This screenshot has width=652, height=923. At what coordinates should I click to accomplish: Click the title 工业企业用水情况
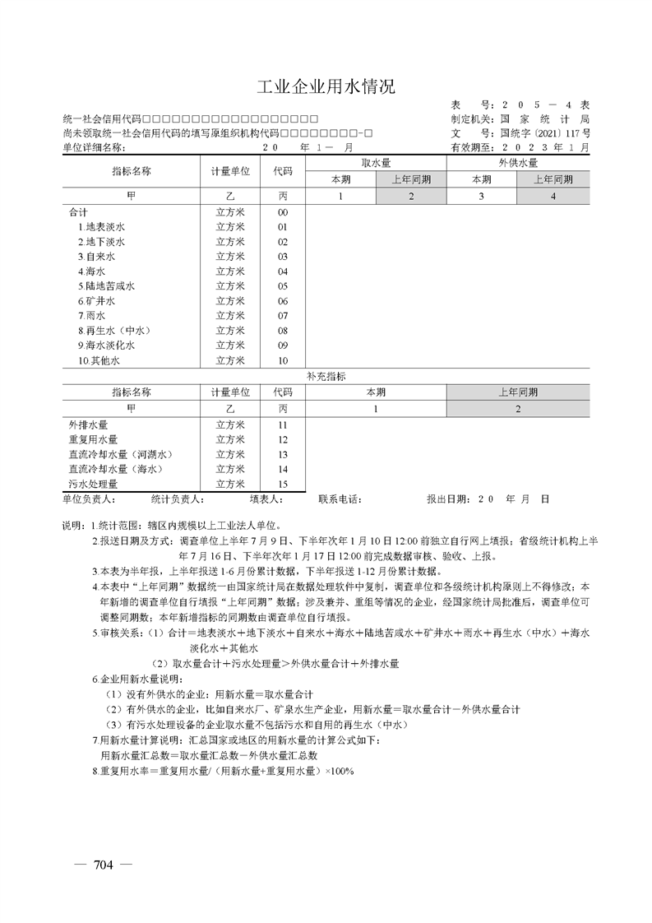326,87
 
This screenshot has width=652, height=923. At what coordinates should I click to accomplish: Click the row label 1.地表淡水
101,227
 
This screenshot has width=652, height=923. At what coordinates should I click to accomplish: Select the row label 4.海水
91,271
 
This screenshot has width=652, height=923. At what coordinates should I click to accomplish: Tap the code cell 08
282,331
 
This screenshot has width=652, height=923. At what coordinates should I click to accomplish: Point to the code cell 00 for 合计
282,212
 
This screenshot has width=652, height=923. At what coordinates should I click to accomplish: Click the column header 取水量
376,164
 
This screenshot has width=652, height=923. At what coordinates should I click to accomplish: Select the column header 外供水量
518,164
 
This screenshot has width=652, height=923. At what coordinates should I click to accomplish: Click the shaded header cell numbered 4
553,196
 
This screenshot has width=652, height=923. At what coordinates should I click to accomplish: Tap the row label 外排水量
87,424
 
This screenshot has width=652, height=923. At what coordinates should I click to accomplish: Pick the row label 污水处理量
92,484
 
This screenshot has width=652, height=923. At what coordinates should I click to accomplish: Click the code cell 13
282,454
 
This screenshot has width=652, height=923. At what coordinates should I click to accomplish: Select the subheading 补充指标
326,376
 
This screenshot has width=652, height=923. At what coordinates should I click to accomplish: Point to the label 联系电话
340,499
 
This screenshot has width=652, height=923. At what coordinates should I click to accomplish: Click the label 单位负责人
89,499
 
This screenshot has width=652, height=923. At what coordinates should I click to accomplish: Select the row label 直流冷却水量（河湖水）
120,454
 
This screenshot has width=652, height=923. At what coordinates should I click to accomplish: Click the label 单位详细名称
94,148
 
